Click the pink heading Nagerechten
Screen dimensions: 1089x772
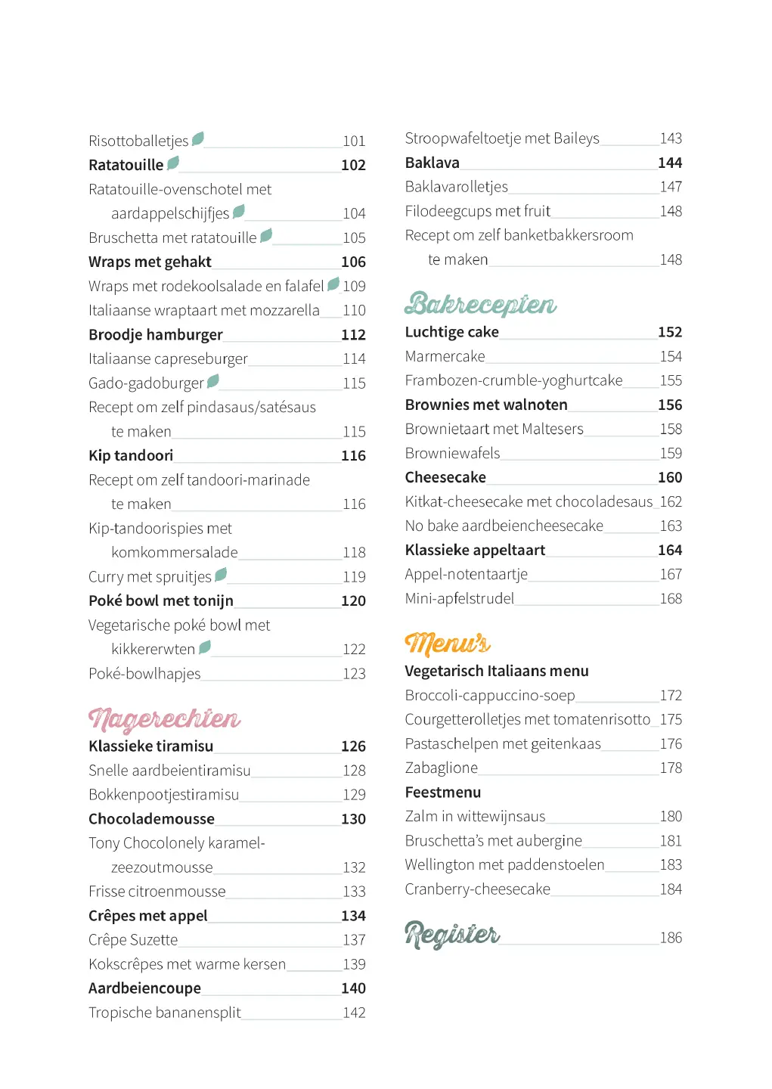point(164,719)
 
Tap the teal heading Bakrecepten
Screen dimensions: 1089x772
point(480,304)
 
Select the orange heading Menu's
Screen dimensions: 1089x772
point(448,644)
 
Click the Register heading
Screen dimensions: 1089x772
point(452,935)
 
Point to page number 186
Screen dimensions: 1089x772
point(671,938)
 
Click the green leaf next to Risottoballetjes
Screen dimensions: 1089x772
point(198,138)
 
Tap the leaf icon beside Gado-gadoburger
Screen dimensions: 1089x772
point(213,380)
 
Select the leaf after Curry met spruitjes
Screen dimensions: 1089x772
point(221,575)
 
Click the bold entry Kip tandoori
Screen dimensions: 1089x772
point(131,455)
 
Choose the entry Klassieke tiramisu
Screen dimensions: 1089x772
point(151,746)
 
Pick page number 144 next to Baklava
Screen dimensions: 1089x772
point(670,163)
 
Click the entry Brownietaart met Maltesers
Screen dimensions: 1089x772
point(494,429)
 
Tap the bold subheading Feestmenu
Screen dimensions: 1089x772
point(443,793)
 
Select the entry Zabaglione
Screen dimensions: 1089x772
point(442,768)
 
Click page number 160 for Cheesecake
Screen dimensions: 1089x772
point(670,477)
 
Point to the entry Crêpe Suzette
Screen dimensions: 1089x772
point(133,940)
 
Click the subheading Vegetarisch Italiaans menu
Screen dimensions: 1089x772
point(497,671)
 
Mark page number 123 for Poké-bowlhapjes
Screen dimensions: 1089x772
point(354,674)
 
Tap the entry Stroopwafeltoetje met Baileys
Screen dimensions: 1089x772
point(502,138)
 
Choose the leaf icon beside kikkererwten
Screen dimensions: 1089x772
point(204,647)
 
